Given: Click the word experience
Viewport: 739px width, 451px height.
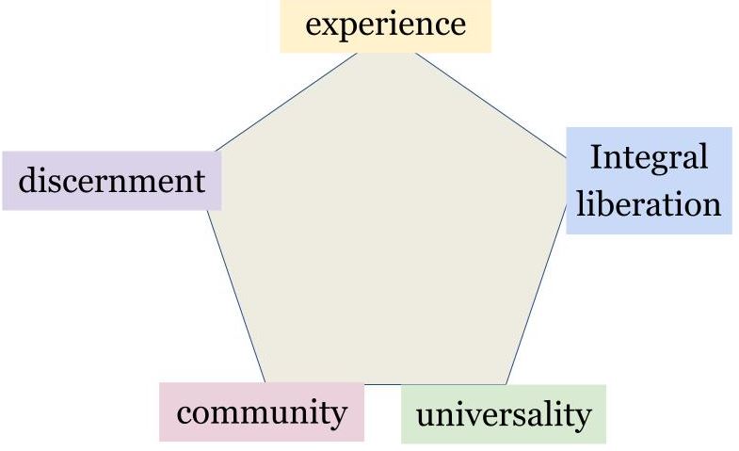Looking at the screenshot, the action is pos(386,25).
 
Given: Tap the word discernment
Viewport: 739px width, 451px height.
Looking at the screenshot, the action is pos(112,180).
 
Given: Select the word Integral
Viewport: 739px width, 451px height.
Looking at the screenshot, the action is pos(649,159).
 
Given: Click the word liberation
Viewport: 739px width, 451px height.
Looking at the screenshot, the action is pos(649,203).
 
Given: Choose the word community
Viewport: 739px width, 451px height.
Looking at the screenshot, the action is pos(262,413).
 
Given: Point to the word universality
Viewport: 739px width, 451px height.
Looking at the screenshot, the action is pos(504,415).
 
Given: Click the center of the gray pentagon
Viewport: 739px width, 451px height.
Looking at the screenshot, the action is pos(387,226).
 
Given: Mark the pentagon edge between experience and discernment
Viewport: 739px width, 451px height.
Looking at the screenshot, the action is pos(286,103).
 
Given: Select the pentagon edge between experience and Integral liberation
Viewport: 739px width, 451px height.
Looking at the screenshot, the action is pos(490,105).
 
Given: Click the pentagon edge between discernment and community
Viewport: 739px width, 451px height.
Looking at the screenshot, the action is pos(236,297).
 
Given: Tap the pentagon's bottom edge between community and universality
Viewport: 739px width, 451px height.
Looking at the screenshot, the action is pos(383,384).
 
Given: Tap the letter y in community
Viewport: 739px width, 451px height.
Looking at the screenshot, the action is pos(338,417).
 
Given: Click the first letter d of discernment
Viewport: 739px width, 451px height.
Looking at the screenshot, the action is pos(27,180).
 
